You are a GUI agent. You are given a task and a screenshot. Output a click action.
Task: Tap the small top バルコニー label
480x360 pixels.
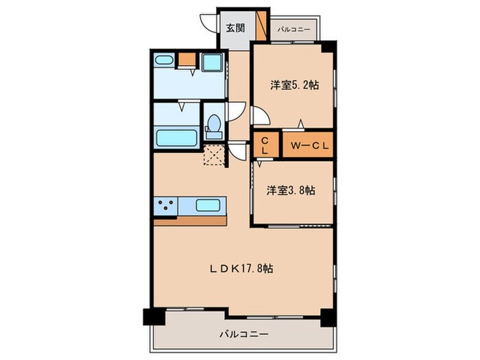pyautogui.click(x=295, y=29)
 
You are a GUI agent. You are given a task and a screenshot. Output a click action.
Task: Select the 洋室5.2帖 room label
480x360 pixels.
pyautogui.click(x=294, y=86)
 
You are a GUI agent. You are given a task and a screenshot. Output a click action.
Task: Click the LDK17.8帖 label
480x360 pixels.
pyautogui.click(x=241, y=269)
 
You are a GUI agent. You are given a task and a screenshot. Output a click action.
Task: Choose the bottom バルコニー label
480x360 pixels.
pyautogui.click(x=244, y=334)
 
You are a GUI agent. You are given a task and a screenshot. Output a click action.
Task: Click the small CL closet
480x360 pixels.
pyautogui.click(x=265, y=145)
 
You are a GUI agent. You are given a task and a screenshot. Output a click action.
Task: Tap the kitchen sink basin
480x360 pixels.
pyautogui.click(x=208, y=204)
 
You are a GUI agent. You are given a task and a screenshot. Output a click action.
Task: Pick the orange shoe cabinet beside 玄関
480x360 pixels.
pyautogui.click(x=261, y=26)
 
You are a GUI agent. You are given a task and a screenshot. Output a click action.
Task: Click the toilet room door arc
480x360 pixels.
pyautogui.click(x=237, y=112)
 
